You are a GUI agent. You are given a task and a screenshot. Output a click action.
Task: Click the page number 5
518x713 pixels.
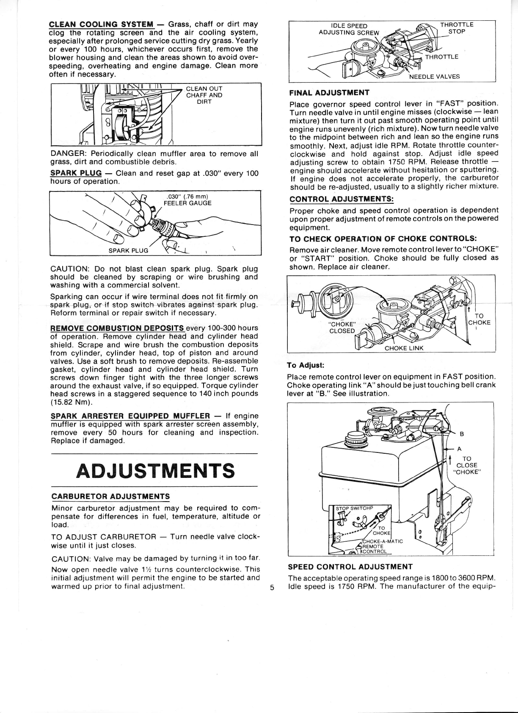(272, 587)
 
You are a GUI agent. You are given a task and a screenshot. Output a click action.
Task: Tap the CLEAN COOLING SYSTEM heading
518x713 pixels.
(101, 24)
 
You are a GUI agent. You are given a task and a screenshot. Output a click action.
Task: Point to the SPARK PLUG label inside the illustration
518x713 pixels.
(128, 250)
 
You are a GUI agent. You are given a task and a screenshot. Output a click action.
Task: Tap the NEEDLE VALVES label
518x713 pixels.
(434, 77)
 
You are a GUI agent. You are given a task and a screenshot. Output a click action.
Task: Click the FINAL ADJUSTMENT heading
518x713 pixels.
(329, 92)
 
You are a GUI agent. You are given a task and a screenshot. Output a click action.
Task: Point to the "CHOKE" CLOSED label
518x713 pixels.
(342, 327)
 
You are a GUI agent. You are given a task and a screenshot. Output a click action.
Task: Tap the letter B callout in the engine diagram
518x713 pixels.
(462, 434)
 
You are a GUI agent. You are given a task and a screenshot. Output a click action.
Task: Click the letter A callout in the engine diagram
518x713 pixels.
(460, 449)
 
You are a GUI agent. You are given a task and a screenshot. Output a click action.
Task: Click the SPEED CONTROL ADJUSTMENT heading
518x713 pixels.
(350, 567)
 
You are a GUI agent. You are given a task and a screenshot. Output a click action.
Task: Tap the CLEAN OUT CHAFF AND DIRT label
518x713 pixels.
(204, 95)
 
